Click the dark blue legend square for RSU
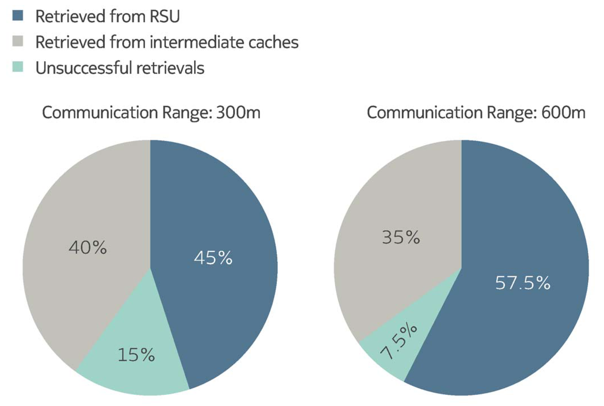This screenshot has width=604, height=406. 18,15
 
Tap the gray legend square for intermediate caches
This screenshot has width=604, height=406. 18,41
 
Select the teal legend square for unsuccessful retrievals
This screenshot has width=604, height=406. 18,67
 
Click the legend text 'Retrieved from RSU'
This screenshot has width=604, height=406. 108,16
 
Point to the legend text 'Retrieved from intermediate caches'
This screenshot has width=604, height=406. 167,42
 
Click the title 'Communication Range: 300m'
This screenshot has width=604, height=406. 151,113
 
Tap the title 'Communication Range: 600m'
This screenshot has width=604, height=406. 476,113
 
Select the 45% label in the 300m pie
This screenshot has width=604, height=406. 213,258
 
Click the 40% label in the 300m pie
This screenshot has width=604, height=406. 88,247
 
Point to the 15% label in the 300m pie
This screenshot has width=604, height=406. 136,355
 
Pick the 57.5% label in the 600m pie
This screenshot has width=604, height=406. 522,283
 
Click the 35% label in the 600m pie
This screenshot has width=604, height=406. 401,237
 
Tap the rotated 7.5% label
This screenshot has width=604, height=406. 399,342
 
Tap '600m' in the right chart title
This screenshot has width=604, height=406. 563,113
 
